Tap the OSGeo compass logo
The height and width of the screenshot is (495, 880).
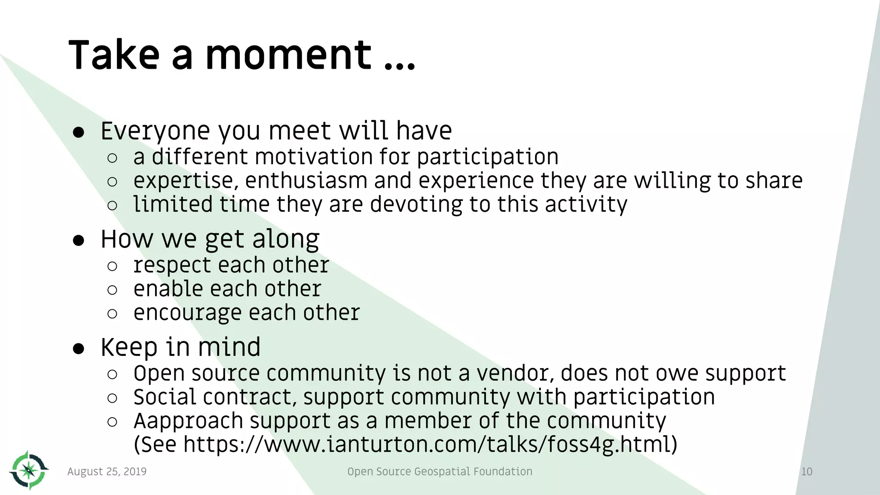pyautogui.click(x=29, y=471)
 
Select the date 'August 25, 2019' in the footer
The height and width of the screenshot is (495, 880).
pyautogui.click(x=107, y=471)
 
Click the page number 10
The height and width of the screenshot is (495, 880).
pyautogui.click(x=807, y=471)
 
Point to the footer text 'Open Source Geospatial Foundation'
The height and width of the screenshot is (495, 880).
pyautogui.click(x=440, y=471)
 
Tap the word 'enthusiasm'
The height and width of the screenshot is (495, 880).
pyautogui.click(x=306, y=180)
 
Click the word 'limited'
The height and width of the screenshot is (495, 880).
pyautogui.click(x=173, y=204)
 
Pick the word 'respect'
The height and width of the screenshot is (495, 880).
pyautogui.click(x=172, y=265)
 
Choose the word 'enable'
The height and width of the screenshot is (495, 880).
pyautogui.click(x=168, y=289)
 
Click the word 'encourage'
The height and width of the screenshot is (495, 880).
pyautogui.click(x=187, y=313)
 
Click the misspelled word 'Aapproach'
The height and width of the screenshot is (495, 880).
pyautogui.click(x=189, y=421)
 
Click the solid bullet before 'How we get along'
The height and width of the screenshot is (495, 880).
pyautogui.click(x=79, y=241)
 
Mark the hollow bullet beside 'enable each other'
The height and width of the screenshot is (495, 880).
pyautogui.click(x=112, y=290)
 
